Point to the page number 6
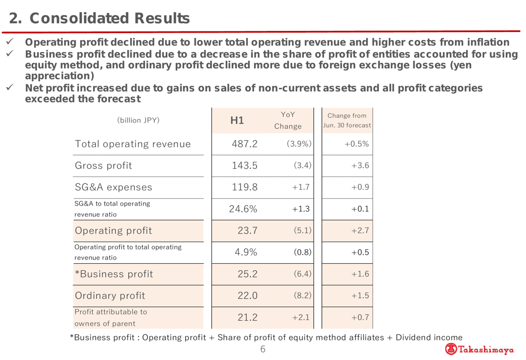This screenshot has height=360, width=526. tap(264, 349)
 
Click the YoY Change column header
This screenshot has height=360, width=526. tap(287, 120)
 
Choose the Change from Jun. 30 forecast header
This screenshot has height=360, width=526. tap(347, 120)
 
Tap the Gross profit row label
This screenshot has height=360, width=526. tap(103, 166)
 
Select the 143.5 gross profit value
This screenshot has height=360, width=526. tap(244, 166)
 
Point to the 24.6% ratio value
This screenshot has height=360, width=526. tap(242, 209)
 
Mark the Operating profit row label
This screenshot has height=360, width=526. tap(114, 230)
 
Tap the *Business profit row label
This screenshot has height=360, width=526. tap(114, 273)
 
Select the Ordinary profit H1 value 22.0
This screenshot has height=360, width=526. tap(245, 295)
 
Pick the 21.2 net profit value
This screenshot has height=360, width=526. tap(245, 317)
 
